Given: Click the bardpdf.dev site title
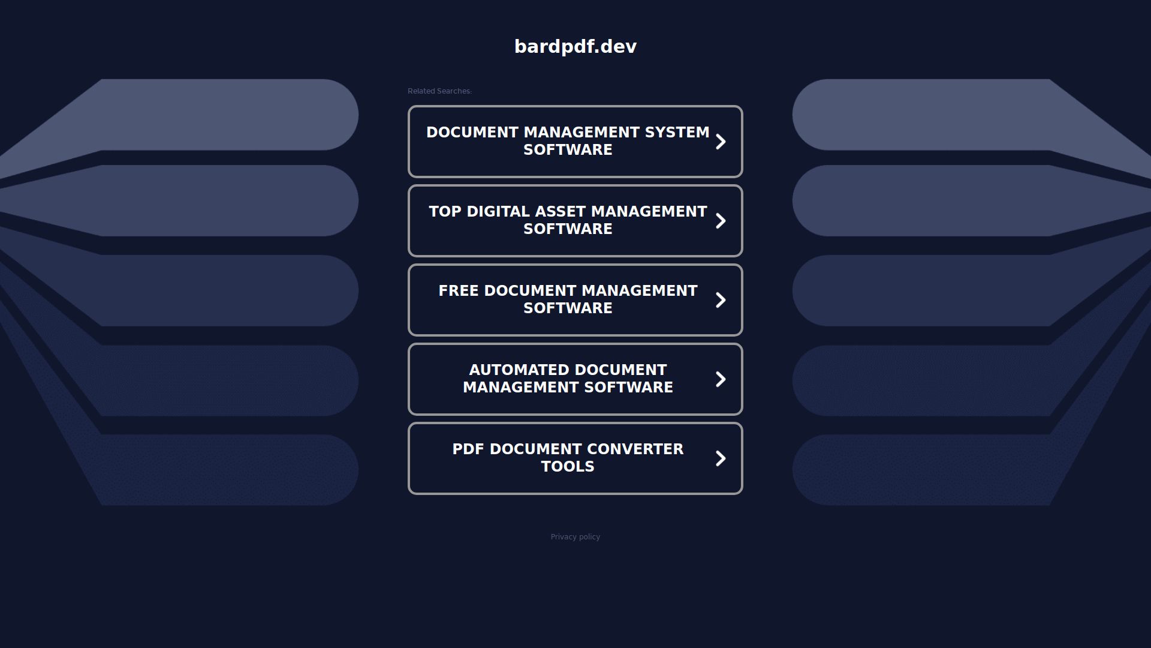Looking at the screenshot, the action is pyautogui.click(x=575, y=46).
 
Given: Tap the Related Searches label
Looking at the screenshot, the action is pyautogui.click(x=439, y=91).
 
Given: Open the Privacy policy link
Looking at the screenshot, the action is pyautogui.click(x=575, y=537).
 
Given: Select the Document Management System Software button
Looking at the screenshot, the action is pyautogui.click(x=575, y=142).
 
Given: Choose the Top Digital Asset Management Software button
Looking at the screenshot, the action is pyautogui.click(x=575, y=221).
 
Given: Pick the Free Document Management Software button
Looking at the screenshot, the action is pyautogui.click(x=575, y=300).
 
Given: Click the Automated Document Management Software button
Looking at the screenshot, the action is pyautogui.click(x=575, y=379).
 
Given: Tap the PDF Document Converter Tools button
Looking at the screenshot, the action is pyautogui.click(x=575, y=458).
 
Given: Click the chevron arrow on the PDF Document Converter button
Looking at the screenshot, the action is pyautogui.click(x=721, y=458).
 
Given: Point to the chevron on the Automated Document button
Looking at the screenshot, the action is pyautogui.click(x=721, y=379).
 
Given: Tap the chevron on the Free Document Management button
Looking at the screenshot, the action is pyautogui.click(x=721, y=300).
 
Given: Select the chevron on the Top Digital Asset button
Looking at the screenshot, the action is pyautogui.click(x=721, y=221).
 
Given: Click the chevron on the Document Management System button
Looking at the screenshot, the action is pyautogui.click(x=721, y=142).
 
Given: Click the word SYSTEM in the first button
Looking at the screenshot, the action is pyautogui.click(x=677, y=133).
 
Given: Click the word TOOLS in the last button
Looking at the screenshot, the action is pyautogui.click(x=568, y=467).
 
